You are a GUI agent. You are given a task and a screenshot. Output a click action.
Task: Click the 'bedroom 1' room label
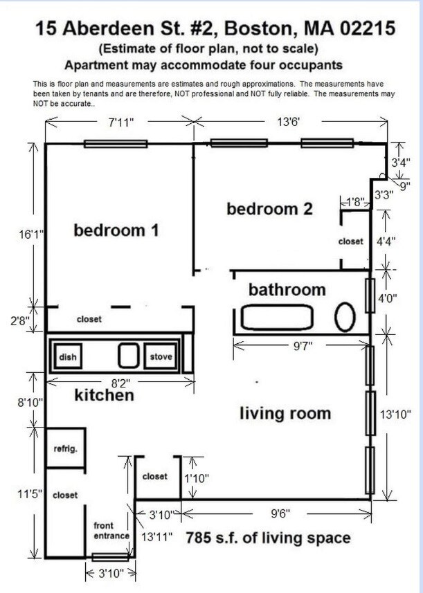click(x=116, y=230)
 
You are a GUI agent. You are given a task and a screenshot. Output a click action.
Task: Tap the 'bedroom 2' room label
click(x=270, y=208)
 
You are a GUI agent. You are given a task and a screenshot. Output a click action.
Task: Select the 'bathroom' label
click(x=287, y=289)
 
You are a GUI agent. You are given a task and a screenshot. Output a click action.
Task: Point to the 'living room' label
click(x=285, y=414)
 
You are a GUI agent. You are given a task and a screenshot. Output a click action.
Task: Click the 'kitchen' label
click(x=105, y=396)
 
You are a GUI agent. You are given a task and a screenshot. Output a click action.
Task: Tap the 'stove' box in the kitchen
click(x=161, y=357)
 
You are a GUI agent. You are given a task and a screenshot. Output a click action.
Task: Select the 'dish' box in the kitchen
click(x=67, y=357)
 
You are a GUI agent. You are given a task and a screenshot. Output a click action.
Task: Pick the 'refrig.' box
click(x=65, y=448)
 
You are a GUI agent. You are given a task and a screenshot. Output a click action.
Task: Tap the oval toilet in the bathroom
click(x=345, y=318)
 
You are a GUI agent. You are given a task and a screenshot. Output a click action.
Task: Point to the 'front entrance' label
click(x=111, y=531)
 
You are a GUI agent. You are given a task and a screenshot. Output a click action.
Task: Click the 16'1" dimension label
click(x=32, y=235)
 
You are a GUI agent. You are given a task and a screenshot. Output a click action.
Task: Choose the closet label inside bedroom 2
click(x=350, y=241)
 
